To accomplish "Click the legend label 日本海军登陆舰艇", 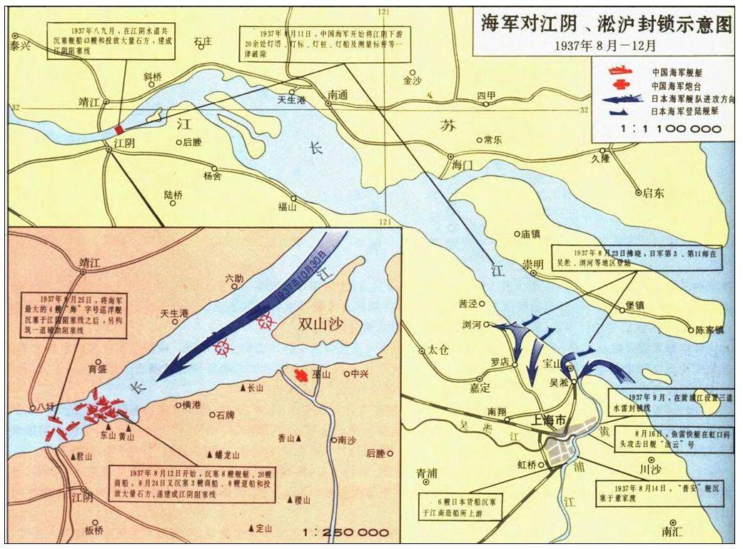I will (x=684, y=111).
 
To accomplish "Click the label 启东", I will (x=653, y=192).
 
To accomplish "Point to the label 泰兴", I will (x=21, y=44).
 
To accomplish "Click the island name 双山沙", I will (x=320, y=323).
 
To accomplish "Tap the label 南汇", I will (x=672, y=531).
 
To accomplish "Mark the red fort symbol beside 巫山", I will (x=301, y=374).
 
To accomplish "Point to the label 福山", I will (x=288, y=208).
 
